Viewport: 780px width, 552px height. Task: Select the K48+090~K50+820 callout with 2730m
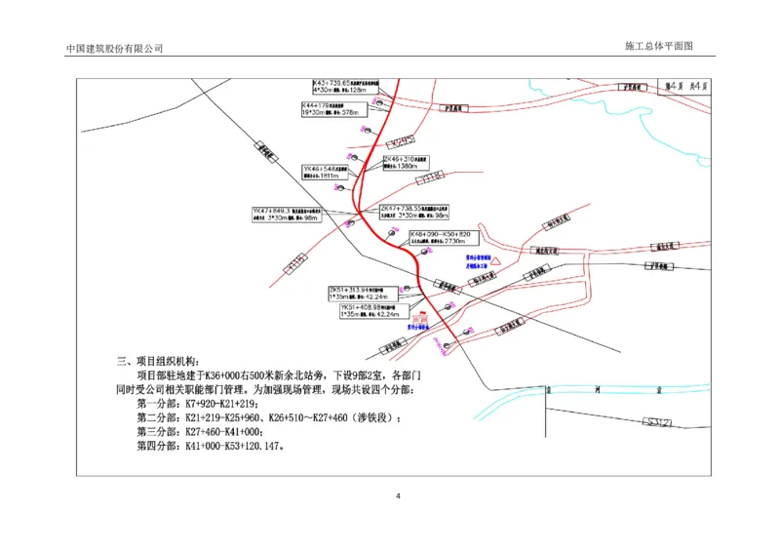click(442, 237)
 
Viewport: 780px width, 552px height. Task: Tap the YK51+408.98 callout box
click(370, 311)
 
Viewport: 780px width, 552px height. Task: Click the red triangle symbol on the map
click(495, 262)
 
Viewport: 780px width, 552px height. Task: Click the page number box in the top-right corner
click(687, 86)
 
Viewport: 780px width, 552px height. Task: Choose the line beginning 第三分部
click(200, 432)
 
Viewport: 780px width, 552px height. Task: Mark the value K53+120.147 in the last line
click(247, 447)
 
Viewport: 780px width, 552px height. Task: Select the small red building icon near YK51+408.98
click(421, 318)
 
